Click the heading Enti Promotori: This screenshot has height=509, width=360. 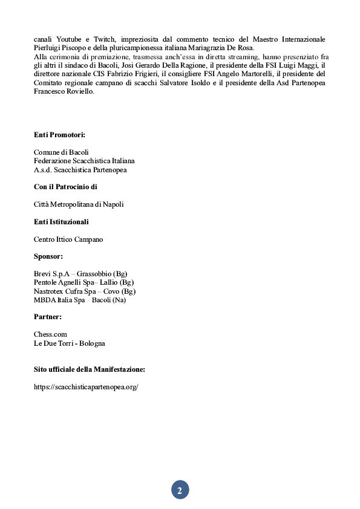click(59, 134)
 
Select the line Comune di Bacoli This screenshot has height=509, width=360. click(61, 152)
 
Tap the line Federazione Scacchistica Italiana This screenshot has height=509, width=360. click(84, 161)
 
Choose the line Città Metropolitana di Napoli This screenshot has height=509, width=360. click(79, 205)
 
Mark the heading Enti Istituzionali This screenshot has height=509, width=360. click(61, 222)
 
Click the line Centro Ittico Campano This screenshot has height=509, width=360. click(68, 239)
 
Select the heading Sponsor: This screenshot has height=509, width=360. click(48, 256)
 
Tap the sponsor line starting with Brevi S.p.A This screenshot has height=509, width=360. click(80, 274)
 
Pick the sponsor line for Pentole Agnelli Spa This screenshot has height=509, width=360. click(83, 282)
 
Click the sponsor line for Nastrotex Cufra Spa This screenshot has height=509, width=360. click(85, 291)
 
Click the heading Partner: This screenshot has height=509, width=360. click(48, 316)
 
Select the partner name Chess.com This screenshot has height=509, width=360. click(50, 334)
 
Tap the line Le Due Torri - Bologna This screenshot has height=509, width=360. click(70, 343)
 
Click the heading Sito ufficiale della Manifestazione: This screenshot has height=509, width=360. click(90, 369)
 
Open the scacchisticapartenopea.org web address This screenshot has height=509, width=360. click(87, 387)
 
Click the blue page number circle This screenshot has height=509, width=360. click(180, 490)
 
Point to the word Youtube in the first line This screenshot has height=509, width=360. click(69, 39)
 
